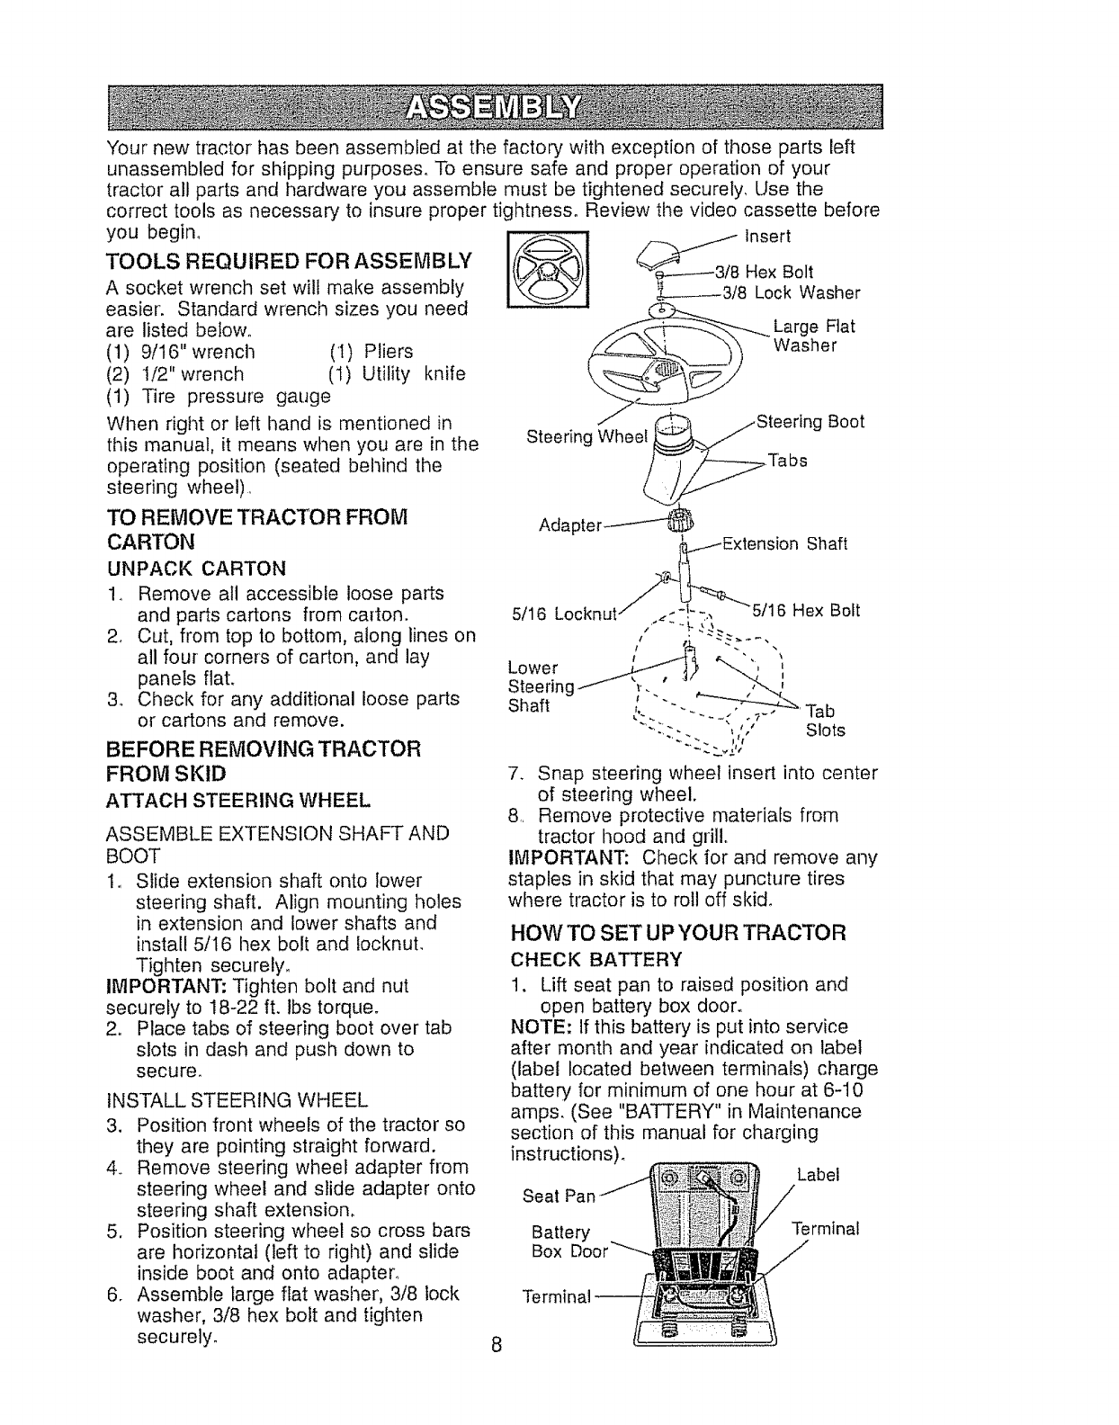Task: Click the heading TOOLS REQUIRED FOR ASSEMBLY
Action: pos(289,262)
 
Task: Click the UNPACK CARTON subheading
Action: pos(196,569)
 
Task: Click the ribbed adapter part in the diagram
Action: pos(675,522)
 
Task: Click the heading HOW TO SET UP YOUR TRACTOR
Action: pos(678,932)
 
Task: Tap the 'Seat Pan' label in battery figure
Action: pos(559,1196)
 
